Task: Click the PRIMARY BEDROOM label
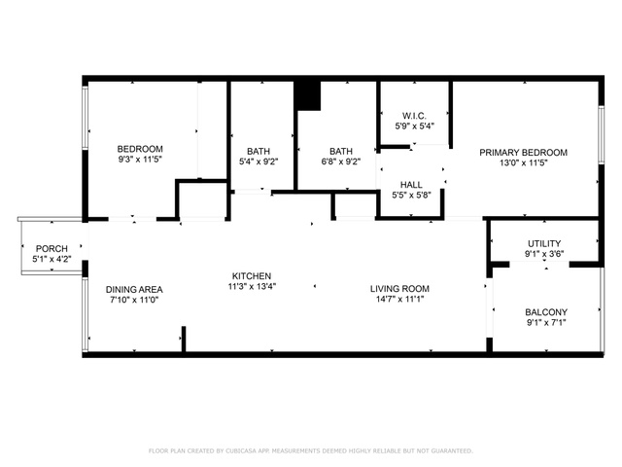pos(523,153)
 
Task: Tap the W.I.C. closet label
pos(414,116)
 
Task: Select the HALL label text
pos(411,185)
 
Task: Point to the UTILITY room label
pos(544,243)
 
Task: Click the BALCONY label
pos(546,312)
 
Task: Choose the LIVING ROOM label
pos(399,289)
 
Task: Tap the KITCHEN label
pos(252,276)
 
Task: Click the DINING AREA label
pos(134,290)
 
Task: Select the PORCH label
pos(52,249)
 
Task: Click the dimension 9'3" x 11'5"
pos(140,160)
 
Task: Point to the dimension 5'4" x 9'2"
pos(259,162)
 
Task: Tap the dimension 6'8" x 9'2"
pos(341,162)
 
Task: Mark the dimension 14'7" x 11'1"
pos(399,299)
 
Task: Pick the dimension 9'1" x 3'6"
pos(544,254)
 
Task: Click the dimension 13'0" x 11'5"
pos(524,162)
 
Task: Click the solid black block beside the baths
pos(308,95)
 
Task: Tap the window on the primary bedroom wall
pos(602,134)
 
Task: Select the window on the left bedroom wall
pos(85,118)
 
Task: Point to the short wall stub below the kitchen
pos(184,339)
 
